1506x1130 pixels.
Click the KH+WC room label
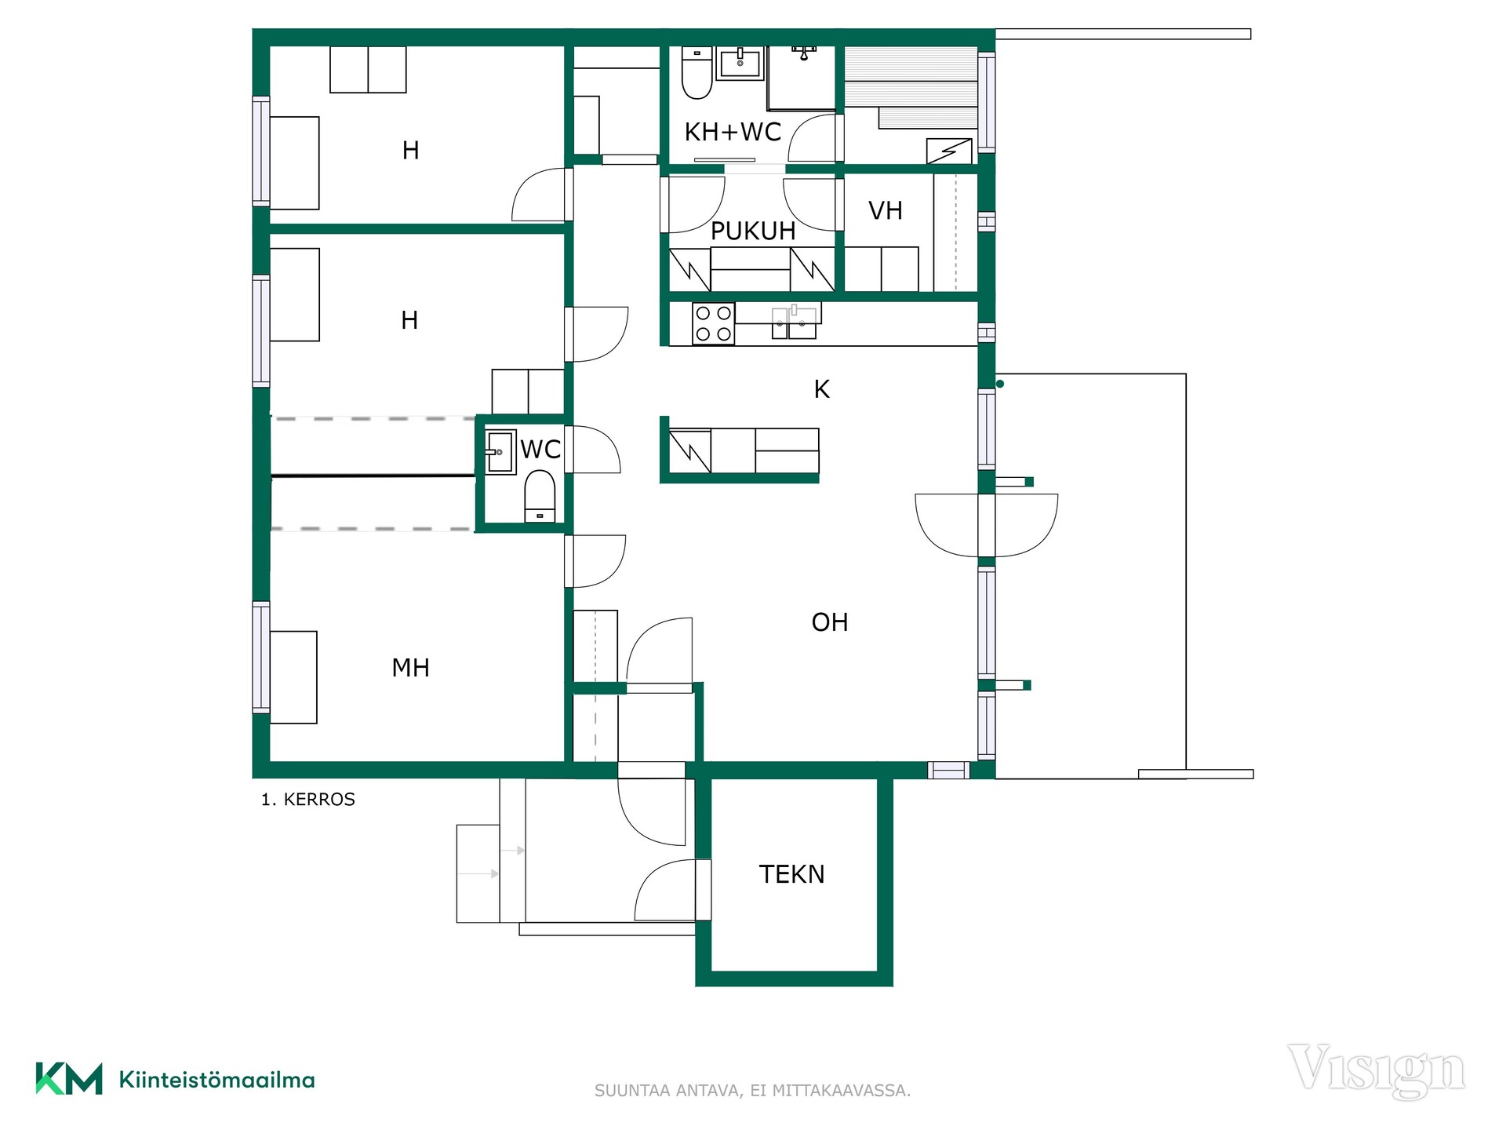click(733, 132)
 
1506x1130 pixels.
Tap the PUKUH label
click(753, 231)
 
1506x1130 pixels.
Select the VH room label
click(886, 210)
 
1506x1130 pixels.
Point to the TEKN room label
click(791, 874)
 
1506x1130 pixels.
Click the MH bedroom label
click(410, 668)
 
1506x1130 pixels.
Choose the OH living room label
click(830, 622)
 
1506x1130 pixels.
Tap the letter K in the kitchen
click(821, 389)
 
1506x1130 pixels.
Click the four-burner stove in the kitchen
click(714, 323)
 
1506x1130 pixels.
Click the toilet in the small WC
click(540, 496)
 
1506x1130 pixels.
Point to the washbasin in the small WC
click(500, 452)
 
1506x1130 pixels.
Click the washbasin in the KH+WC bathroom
click(740, 63)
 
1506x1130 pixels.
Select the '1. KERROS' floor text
click(308, 800)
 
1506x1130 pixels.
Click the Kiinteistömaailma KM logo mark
click(69, 1079)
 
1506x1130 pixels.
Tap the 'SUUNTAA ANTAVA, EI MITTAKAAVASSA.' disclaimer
click(753, 1091)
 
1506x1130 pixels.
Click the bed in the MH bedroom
click(293, 677)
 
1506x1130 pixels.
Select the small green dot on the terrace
click(1000, 384)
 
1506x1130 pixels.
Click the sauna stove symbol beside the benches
click(949, 151)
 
